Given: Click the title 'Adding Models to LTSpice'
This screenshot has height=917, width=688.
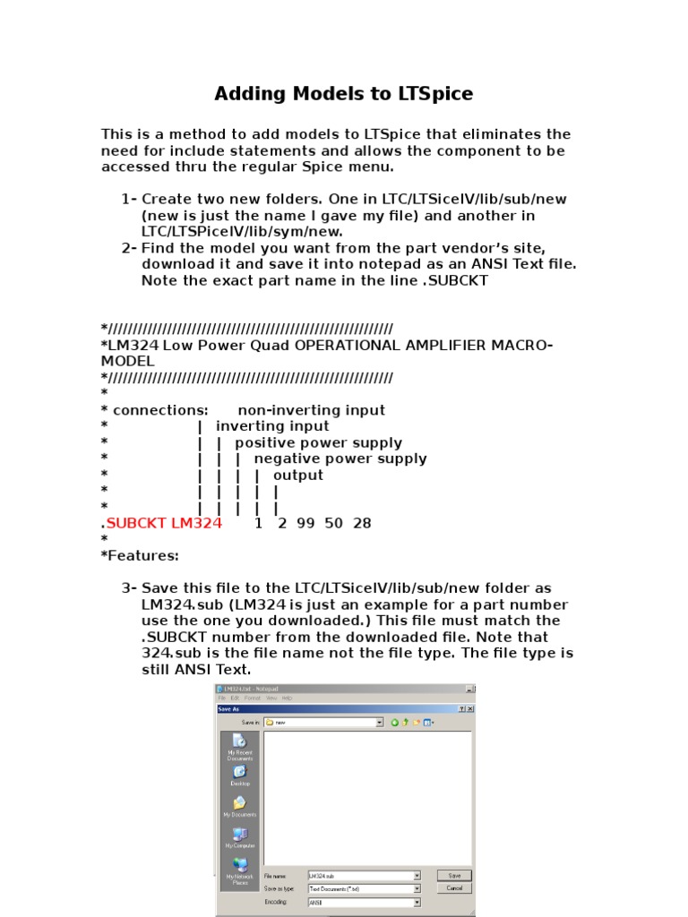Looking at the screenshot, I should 343,94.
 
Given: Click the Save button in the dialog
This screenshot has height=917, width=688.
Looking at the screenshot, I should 454,876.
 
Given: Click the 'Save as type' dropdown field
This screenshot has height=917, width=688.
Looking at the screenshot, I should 364,889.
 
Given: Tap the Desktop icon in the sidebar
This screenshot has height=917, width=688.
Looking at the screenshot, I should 240,775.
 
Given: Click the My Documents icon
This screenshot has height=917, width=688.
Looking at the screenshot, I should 240,806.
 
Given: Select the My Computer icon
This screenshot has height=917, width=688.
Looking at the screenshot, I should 240,837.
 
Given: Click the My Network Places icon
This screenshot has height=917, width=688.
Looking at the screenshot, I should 240,871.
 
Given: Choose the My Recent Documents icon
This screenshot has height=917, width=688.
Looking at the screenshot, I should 240,745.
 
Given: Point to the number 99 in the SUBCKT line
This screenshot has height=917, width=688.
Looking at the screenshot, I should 305,523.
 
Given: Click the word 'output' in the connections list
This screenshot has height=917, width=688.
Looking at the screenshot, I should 298,475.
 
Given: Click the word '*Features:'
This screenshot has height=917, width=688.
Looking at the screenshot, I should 140,555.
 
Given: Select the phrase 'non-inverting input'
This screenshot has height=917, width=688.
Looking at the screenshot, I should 311,410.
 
